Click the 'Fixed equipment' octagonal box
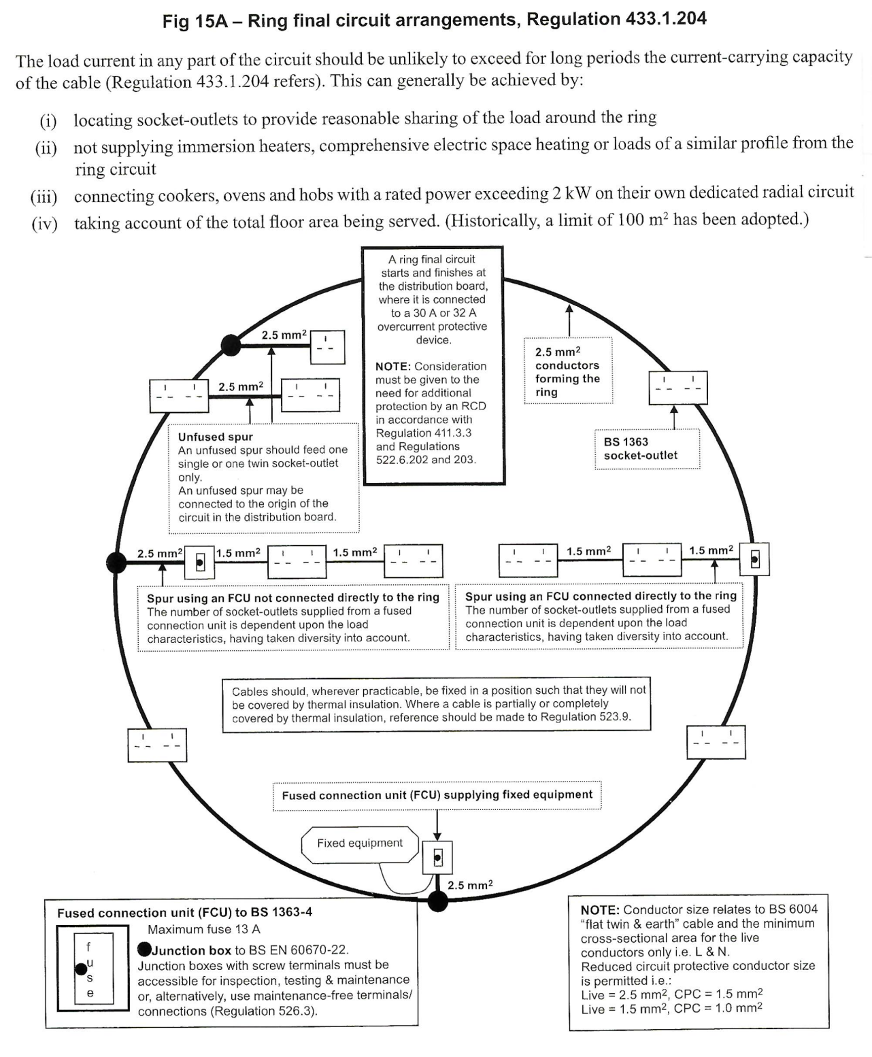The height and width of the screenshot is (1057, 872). pos(360,844)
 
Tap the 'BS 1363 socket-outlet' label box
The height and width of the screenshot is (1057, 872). pos(647,449)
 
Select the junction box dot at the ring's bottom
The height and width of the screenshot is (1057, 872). pos(437,901)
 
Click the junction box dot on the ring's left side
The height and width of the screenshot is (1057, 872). pos(116,563)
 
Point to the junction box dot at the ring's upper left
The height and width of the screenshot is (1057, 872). pos(231,346)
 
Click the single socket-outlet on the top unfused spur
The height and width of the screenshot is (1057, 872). pos(328,348)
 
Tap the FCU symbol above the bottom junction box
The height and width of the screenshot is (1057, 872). pos(437,858)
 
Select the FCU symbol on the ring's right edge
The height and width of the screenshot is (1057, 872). pos(754,559)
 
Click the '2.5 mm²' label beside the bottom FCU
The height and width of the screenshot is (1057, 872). pos(470,885)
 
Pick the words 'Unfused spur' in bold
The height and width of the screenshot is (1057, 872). pos(215,437)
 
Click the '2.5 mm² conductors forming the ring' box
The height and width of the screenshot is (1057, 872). pos(568,371)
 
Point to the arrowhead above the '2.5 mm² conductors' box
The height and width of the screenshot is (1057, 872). pos(569,308)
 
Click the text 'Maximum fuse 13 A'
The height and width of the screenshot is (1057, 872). pos(204,929)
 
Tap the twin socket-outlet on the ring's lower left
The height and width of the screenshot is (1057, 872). pos(158,745)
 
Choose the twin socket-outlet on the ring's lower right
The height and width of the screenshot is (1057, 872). pos(716,743)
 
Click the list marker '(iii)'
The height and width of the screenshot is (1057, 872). pos(44,197)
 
